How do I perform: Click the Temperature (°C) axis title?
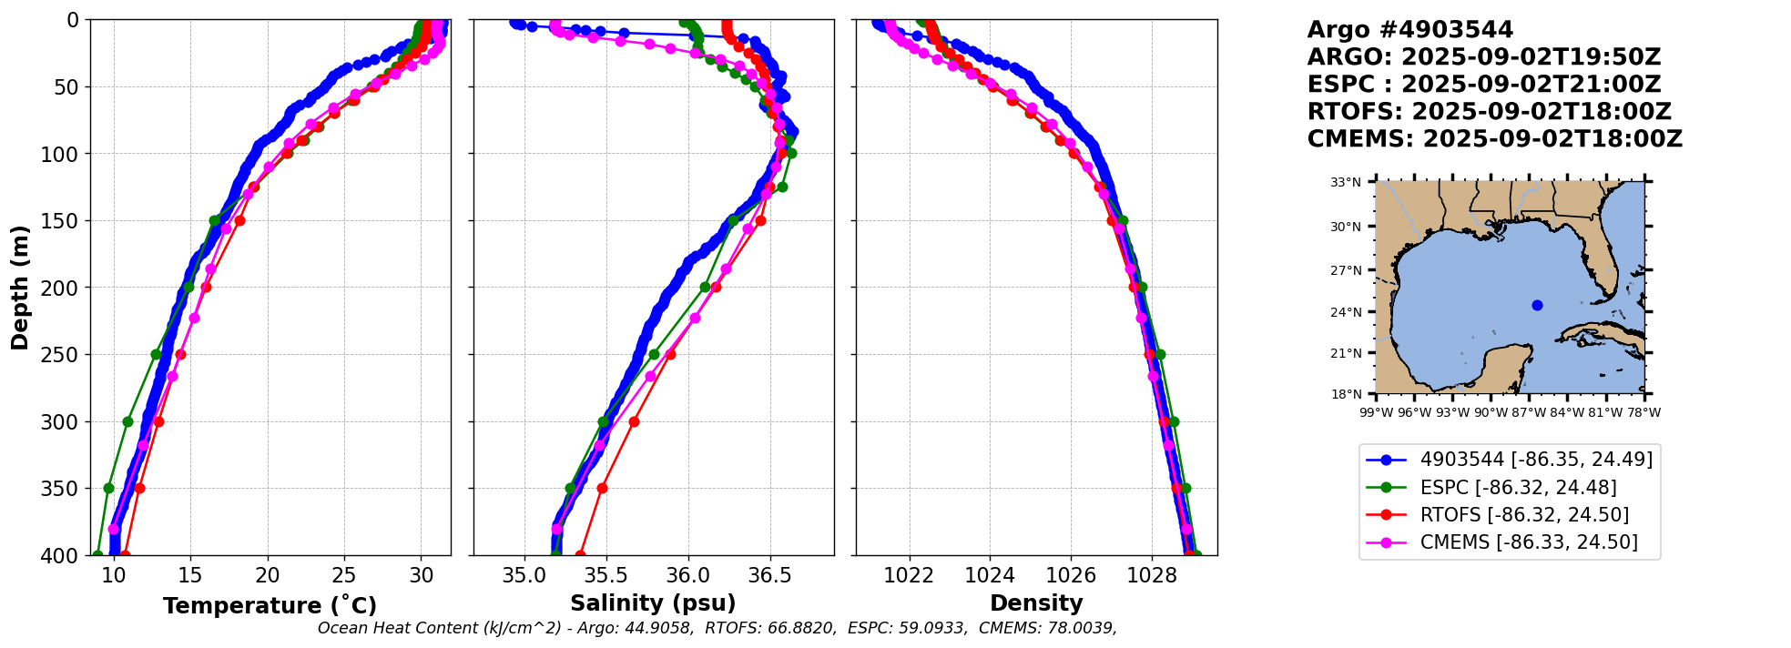tap(270, 605)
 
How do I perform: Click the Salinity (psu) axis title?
tap(653, 603)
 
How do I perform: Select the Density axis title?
tap(1036, 603)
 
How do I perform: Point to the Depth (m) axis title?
tap(20, 288)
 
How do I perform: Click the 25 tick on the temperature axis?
tap(344, 575)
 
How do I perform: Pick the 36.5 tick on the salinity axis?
tap(769, 575)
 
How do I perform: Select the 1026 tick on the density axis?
tap(1071, 575)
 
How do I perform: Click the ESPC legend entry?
tap(1518, 487)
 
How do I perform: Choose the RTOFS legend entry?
tap(1524, 514)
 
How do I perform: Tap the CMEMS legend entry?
tap(1528, 542)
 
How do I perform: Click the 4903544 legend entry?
tap(1536, 460)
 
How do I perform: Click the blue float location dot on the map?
tap(1537, 306)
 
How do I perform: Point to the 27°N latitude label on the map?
tap(1346, 270)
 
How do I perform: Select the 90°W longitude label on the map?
tap(1491, 412)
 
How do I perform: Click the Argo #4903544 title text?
tap(1409, 30)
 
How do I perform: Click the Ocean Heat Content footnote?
tap(717, 628)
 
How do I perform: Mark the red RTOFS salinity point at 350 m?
tap(602, 489)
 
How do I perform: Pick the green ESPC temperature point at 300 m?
tap(127, 421)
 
